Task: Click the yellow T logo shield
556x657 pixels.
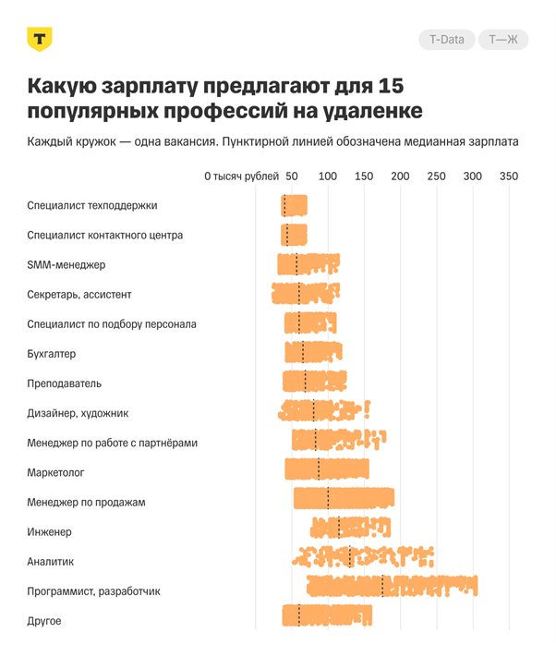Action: pyautogui.click(x=40, y=40)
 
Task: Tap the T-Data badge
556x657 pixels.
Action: pyautogui.click(x=447, y=40)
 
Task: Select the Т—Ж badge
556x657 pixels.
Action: pyautogui.click(x=502, y=40)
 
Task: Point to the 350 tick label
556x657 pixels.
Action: pyautogui.click(x=508, y=176)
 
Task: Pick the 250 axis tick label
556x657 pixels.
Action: pyautogui.click(x=436, y=176)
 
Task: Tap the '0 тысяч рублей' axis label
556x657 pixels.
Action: pyautogui.click(x=241, y=176)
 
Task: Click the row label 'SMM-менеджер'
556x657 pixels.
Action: pyautogui.click(x=66, y=264)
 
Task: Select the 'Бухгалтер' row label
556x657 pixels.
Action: pyautogui.click(x=52, y=354)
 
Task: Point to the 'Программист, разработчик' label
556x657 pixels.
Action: pyautogui.click(x=94, y=590)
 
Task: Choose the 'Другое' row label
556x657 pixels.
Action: pyautogui.click(x=44, y=621)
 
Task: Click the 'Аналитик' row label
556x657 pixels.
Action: pyautogui.click(x=51, y=561)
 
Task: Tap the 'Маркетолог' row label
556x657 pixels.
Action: pyautogui.click(x=56, y=472)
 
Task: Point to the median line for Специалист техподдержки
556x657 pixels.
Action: pyautogui.click(x=284, y=205)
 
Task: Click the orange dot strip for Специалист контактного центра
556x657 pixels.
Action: pyautogui.click(x=295, y=234)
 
